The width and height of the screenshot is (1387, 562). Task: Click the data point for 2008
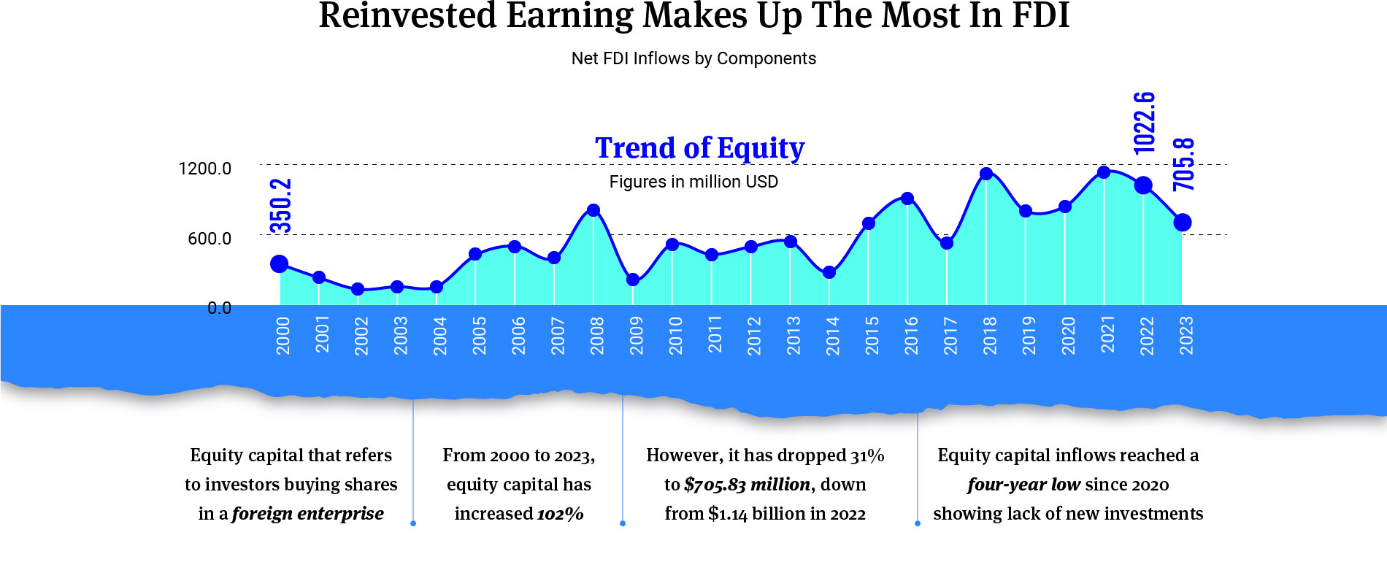tap(593, 211)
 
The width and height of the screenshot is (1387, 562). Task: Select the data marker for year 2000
tap(280, 264)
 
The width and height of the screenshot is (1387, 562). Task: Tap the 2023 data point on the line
tap(1183, 223)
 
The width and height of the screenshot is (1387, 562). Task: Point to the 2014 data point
tap(829, 273)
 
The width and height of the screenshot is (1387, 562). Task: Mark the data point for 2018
tap(986, 174)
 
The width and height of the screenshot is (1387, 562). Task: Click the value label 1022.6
tap(1145, 123)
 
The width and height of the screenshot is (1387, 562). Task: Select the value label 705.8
tap(1184, 164)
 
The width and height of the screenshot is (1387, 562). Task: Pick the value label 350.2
tap(281, 205)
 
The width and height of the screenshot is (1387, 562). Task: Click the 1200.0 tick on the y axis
tap(205, 169)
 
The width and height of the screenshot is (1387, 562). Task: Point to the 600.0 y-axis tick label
tap(210, 239)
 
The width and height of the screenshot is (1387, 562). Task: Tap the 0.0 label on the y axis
tap(219, 308)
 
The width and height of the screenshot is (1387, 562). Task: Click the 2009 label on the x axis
tap(637, 336)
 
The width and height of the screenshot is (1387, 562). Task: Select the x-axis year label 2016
tap(911, 336)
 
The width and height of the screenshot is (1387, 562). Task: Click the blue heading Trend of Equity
tap(699, 148)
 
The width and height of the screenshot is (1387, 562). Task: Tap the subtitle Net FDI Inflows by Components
tap(693, 58)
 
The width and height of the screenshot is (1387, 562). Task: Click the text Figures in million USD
tap(693, 182)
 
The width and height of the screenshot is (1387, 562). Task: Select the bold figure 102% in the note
tap(561, 514)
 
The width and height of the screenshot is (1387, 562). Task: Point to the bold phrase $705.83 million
tap(747, 485)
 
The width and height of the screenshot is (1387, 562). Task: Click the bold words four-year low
tap(1023, 485)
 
